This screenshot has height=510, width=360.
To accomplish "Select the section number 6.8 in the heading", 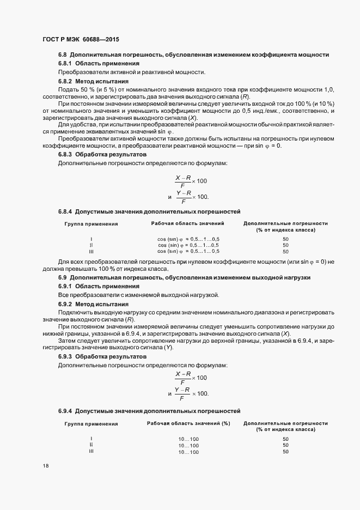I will point(63,55).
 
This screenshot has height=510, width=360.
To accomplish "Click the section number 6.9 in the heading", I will point(63,278).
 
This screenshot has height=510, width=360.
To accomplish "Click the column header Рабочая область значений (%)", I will point(188,423).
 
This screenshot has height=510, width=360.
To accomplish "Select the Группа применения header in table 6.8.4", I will point(91,223).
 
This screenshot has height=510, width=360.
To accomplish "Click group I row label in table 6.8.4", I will point(91,239).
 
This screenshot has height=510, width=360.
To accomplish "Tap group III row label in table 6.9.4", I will point(91,451).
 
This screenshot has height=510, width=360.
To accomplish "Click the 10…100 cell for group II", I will point(188,446).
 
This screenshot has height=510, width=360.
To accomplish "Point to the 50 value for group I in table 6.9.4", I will point(285,439).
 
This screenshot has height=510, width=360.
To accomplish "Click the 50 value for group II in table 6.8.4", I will point(285,245).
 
